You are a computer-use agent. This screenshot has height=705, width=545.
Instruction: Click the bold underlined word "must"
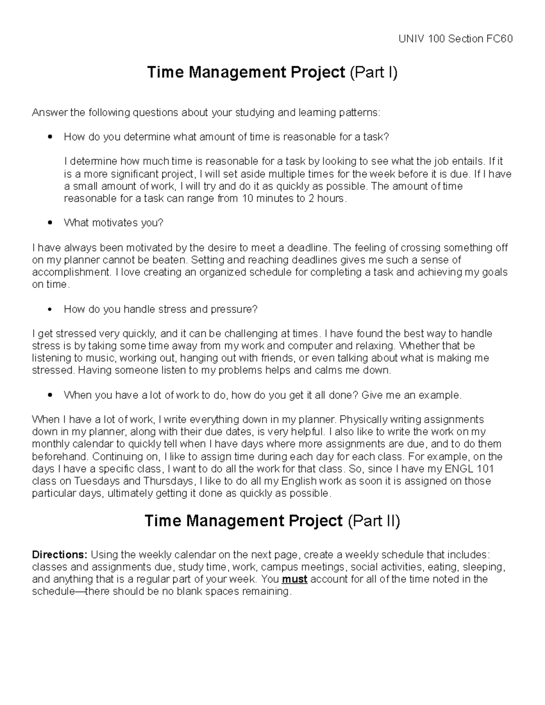(295, 579)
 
